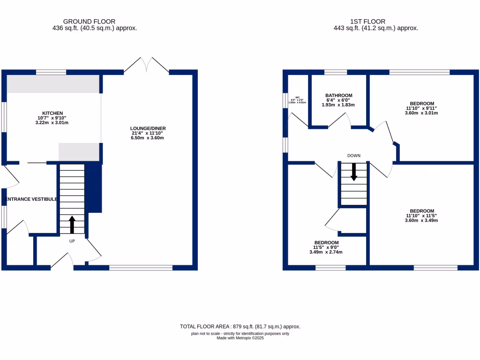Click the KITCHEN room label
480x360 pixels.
coord(52,113)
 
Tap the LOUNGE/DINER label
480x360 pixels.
coord(149,128)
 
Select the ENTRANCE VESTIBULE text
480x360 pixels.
coord(31,199)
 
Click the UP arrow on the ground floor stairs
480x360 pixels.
coord(72,224)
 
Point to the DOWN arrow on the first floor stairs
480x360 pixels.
coord(354,172)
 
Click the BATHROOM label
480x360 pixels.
coord(338,96)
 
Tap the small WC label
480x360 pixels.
coord(297,97)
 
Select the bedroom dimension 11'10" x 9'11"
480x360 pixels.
coord(421,108)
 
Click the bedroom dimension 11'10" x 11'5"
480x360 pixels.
coord(421,216)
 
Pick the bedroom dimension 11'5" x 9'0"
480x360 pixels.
coord(326,247)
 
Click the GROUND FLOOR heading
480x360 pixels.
coord(89,22)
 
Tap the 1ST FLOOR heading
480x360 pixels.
coord(367,22)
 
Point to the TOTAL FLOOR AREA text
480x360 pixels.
coord(240,326)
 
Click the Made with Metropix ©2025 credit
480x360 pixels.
coord(240,338)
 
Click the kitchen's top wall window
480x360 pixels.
coord(51,72)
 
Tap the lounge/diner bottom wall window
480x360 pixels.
coord(141,268)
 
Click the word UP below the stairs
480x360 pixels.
coord(72,241)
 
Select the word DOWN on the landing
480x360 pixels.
coord(354,156)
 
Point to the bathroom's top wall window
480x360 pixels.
coord(336,72)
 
